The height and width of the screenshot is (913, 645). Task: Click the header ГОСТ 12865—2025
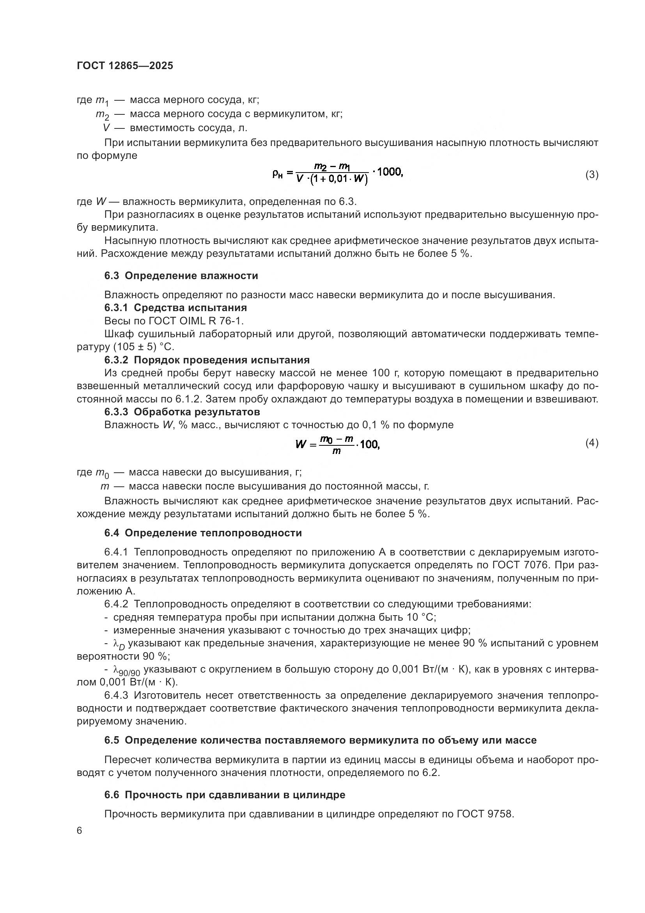(x=125, y=66)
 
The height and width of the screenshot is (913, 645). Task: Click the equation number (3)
(x=592, y=174)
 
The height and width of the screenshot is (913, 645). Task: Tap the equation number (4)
(x=592, y=443)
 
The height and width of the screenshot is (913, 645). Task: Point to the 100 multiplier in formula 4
(x=369, y=444)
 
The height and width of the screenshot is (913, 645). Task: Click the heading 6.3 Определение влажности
(x=181, y=276)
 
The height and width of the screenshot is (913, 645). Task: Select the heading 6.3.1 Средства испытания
(x=175, y=307)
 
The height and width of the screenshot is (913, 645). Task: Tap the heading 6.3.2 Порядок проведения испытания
(x=207, y=360)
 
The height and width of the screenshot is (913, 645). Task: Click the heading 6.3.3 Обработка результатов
(x=182, y=411)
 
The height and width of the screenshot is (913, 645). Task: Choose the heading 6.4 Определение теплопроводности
(x=203, y=533)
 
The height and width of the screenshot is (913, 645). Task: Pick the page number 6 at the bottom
(x=80, y=831)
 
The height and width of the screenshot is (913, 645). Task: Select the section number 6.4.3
(x=116, y=696)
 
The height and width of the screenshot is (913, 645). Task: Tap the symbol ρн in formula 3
(x=277, y=173)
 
